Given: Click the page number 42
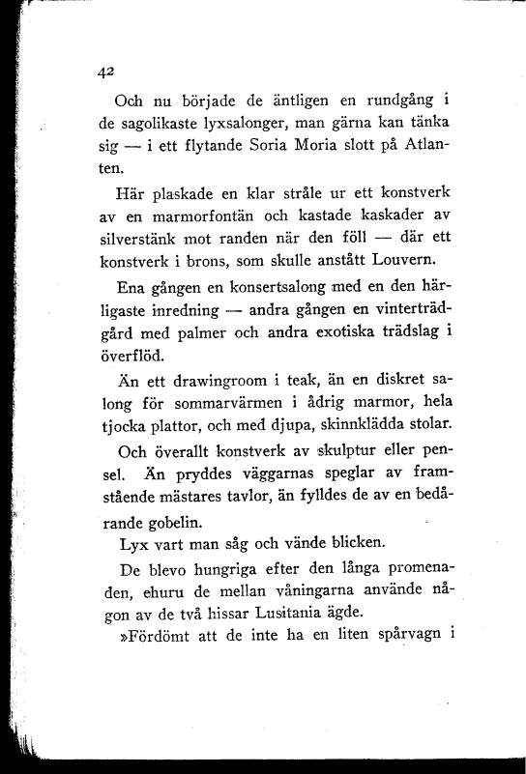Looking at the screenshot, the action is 105,70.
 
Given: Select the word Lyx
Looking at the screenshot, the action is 130,544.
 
